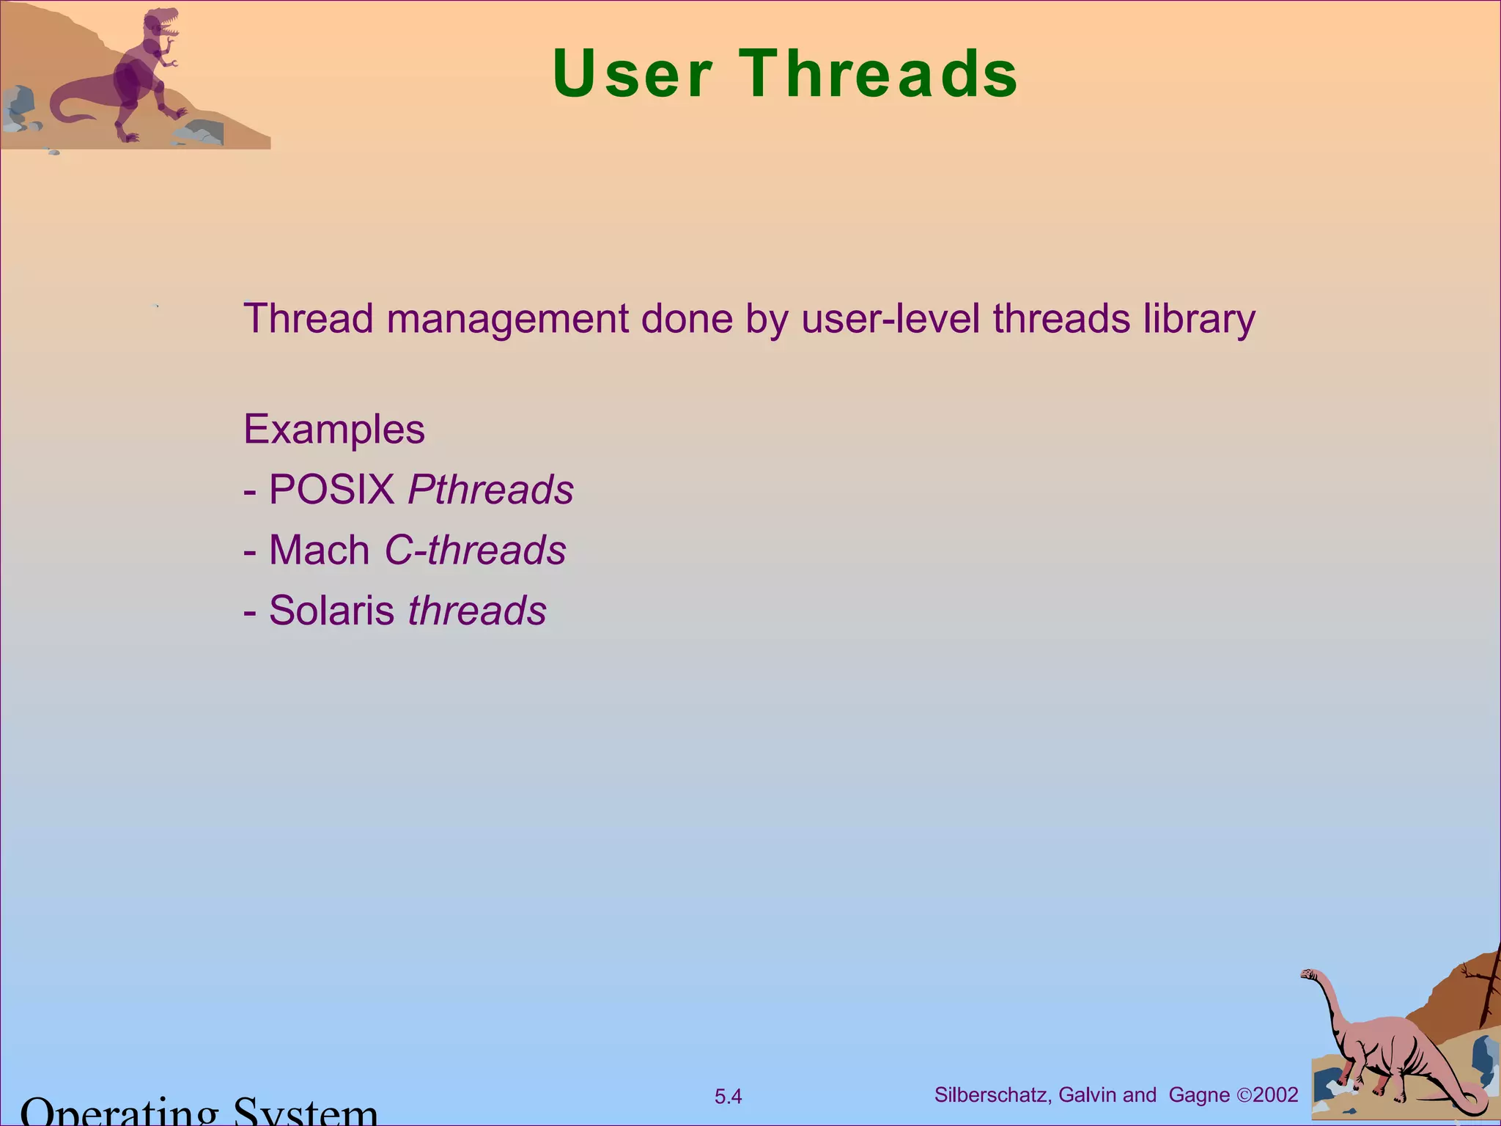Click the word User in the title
click(632, 74)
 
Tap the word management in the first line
click(508, 320)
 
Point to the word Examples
click(334, 430)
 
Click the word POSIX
click(332, 490)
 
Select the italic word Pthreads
click(490, 490)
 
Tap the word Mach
click(320, 551)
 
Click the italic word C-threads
click(475, 551)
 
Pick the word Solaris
click(331, 611)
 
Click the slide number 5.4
click(728, 1097)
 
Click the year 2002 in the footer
click(1276, 1095)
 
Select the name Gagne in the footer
click(1199, 1095)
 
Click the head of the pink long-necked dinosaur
click(1309, 975)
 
